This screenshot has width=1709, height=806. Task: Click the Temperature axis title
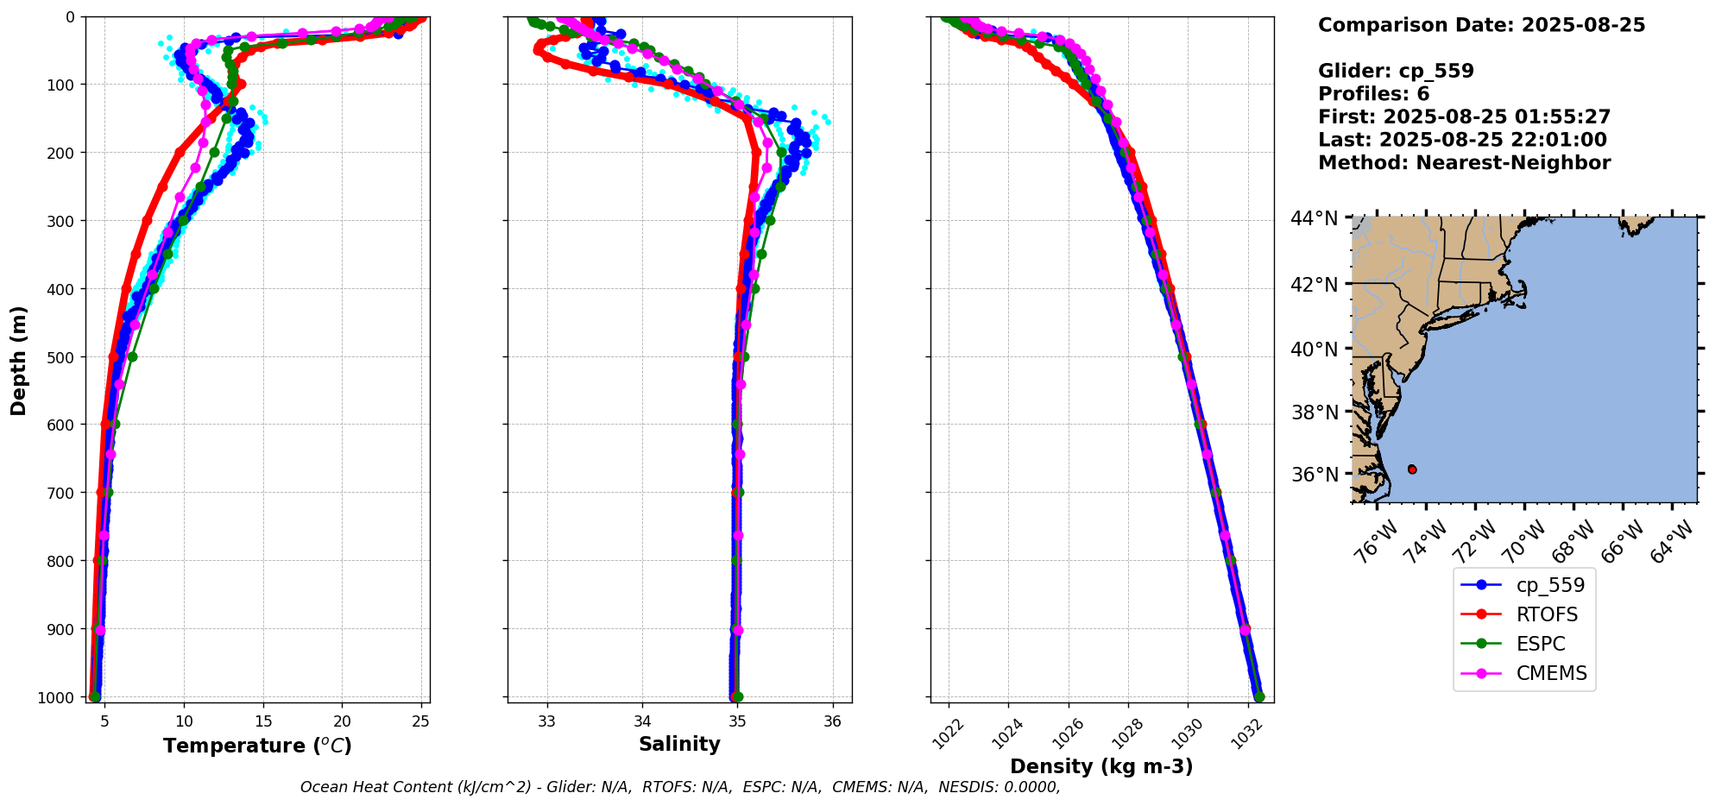tap(257, 746)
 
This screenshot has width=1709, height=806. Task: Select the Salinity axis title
tap(679, 744)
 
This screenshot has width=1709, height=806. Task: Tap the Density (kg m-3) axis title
tap(1101, 766)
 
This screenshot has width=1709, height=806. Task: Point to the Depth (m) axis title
tap(19, 360)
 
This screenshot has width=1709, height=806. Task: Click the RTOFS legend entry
tap(1546, 614)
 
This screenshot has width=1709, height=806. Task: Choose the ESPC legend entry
tap(1540, 644)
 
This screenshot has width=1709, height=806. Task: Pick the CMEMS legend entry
tap(1551, 673)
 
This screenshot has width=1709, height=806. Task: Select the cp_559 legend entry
tap(1550, 585)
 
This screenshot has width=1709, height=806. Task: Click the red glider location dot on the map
tap(1412, 469)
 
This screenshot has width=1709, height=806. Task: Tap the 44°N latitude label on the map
tap(1315, 219)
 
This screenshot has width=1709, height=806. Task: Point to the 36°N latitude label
tap(1315, 475)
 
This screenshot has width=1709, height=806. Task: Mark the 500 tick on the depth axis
tap(60, 357)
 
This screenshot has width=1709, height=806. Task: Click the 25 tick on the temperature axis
tap(420, 721)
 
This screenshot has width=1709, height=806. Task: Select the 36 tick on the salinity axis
tap(832, 721)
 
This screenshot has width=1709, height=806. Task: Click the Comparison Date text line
tap(1481, 25)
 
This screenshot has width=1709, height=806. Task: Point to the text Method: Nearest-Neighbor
tap(1464, 163)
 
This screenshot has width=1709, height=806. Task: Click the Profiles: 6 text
tap(1373, 94)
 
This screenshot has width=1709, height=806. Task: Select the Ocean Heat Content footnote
tap(679, 787)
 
